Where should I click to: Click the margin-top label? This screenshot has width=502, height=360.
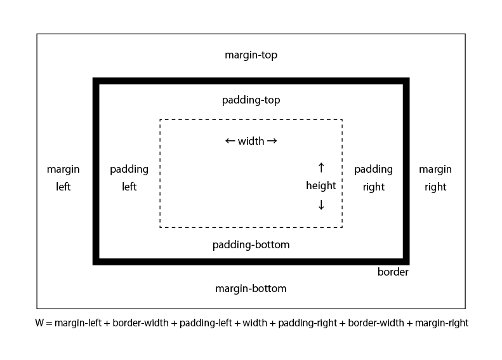point(251,55)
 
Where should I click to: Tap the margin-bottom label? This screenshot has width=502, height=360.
point(251,289)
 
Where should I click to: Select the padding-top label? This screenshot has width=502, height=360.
point(251,100)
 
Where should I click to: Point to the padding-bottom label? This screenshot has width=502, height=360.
point(251,244)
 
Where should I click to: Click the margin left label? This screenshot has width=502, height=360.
point(63,178)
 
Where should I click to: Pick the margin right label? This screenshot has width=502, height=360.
point(435,178)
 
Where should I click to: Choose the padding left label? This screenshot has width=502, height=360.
point(129,178)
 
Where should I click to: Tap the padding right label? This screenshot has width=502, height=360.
point(373,178)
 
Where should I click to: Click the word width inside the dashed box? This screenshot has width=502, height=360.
point(251,142)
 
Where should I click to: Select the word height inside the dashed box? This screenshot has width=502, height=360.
point(320,186)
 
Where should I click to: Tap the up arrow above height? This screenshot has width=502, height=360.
point(320,168)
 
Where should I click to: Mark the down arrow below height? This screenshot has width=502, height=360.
point(320,204)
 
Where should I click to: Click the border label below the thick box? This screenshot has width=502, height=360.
point(393,272)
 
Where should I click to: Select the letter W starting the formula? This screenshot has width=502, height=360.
point(40,323)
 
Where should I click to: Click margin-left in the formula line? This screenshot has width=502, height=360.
point(77,323)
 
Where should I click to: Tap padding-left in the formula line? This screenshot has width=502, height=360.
point(204,323)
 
